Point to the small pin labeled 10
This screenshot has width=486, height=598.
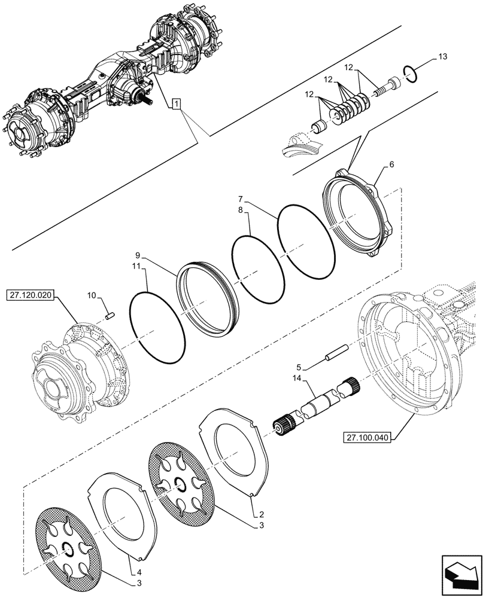click(x=110, y=315)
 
